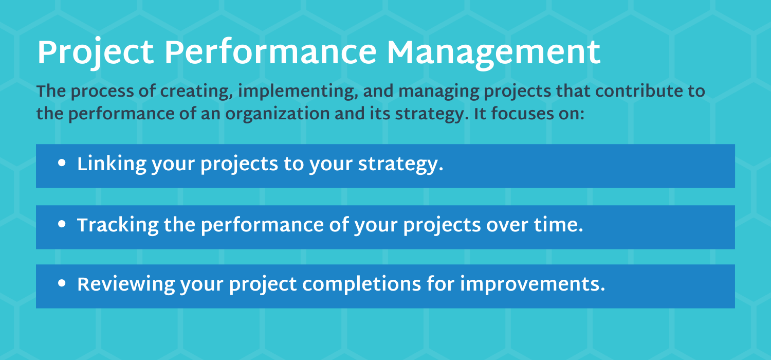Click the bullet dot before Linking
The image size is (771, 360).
(x=62, y=163)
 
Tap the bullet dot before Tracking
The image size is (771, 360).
(x=62, y=224)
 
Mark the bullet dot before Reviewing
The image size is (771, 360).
(x=62, y=283)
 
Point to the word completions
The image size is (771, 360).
(x=361, y=285)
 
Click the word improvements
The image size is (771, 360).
(x=533, y=285)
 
